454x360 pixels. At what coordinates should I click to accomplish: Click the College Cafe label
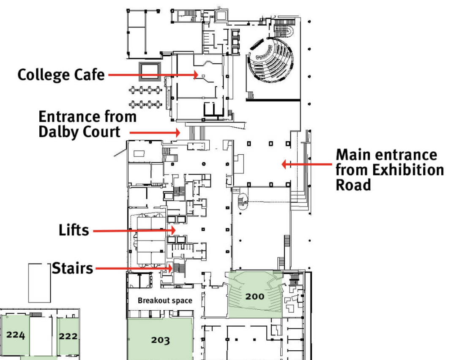[61, 75]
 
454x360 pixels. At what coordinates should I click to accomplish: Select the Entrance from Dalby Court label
[87, 124]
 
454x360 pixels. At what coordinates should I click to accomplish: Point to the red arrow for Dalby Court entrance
[155, 133]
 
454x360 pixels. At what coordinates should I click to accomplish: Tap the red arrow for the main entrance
[306, 164]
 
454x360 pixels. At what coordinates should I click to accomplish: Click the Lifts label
[74, 230]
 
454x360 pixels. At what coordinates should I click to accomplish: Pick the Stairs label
[72, 268]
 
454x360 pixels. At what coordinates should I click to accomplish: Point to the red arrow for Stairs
[134, 268]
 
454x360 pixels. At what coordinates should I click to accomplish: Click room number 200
[255, 296]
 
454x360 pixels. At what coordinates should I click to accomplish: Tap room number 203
[160, 340]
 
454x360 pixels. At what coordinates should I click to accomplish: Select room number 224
[16, 335]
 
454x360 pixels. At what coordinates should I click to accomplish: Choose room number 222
[68, 336]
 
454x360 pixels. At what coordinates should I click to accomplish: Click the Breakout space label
[165, 301]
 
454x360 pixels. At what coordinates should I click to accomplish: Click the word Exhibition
[408, 170]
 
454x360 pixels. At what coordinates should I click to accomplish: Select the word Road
[353, 185]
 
